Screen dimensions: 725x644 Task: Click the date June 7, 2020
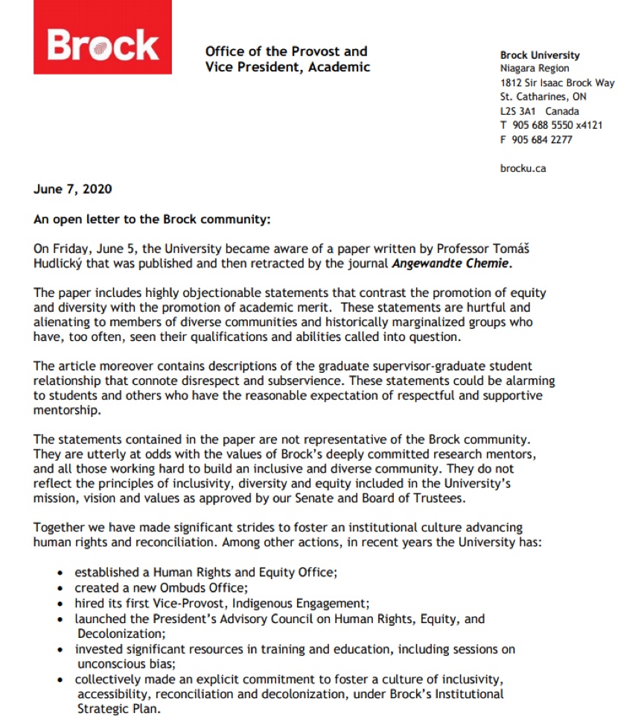(x=73, y=189)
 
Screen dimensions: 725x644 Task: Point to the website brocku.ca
(x=523, y=168)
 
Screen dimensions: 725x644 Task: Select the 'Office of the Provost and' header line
(x=287, y=51)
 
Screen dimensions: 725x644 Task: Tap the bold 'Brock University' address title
(x=540, y=55)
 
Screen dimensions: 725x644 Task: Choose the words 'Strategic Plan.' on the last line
(x=118, y=709)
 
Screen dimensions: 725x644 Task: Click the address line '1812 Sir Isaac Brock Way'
(x=558, y=83)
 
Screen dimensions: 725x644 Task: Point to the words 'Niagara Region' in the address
(x=535, y=68)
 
